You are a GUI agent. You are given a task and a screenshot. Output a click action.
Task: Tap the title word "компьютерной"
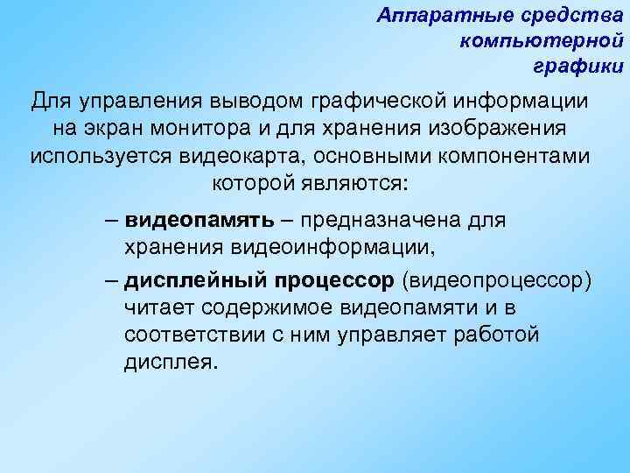(542, 40)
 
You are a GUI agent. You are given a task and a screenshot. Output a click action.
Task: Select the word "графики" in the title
(577, 66)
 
